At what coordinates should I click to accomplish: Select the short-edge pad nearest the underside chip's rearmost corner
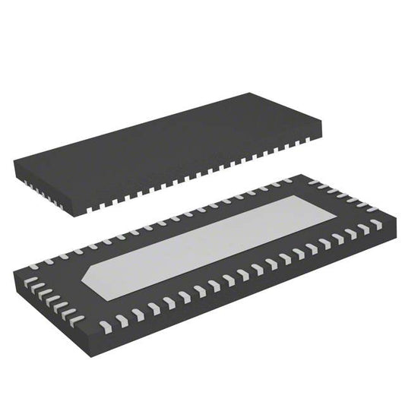pos(312,181)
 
